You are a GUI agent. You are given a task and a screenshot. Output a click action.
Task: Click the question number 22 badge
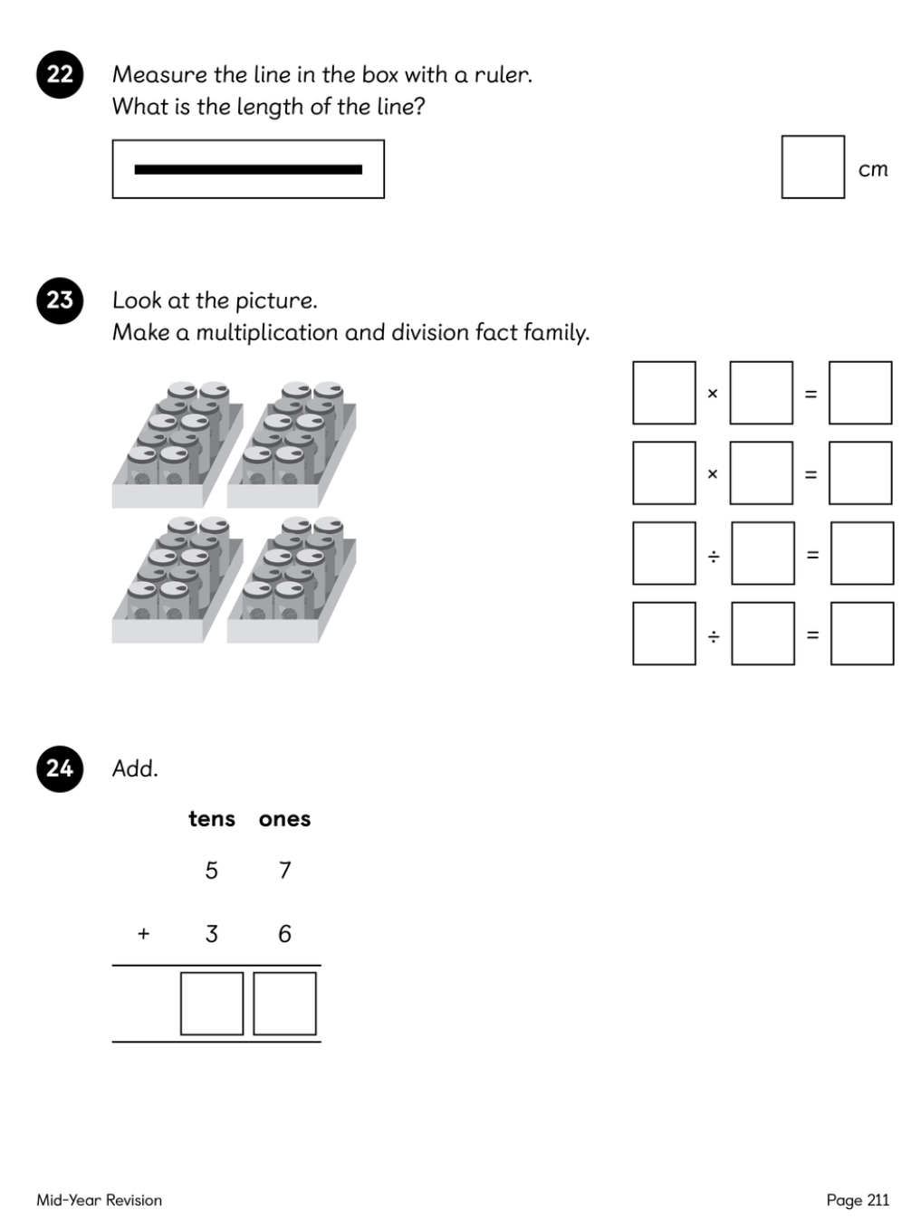(x=60, y=74)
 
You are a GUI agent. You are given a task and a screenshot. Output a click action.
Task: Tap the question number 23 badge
(x=60, y=300)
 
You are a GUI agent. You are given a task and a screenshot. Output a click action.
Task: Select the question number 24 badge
(x=60, y=768)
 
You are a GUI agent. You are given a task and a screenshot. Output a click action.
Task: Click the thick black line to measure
(x=248, y=169)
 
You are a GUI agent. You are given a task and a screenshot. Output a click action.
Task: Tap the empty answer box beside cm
(x=812, y=167)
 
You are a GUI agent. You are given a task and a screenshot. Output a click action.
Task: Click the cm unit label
(x=873, y=169)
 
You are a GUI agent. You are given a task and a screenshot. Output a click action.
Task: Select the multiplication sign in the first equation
(x=712, y=394)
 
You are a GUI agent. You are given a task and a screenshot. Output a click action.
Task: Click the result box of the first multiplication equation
(x=859, y=393)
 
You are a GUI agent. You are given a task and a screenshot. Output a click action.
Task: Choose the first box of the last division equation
(x=664, y=633)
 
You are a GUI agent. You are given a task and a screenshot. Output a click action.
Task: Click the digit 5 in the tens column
(x=211, y=870)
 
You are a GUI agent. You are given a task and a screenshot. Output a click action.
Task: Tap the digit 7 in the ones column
(x=284, y=870)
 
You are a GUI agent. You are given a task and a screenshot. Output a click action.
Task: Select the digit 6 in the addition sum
(x=284, y=934)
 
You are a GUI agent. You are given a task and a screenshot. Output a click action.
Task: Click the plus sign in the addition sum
(x=143, y=934)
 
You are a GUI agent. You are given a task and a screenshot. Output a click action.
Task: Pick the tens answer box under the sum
(x=212, y=1003)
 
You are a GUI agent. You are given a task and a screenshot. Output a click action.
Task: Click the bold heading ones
(x=284, y=819)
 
